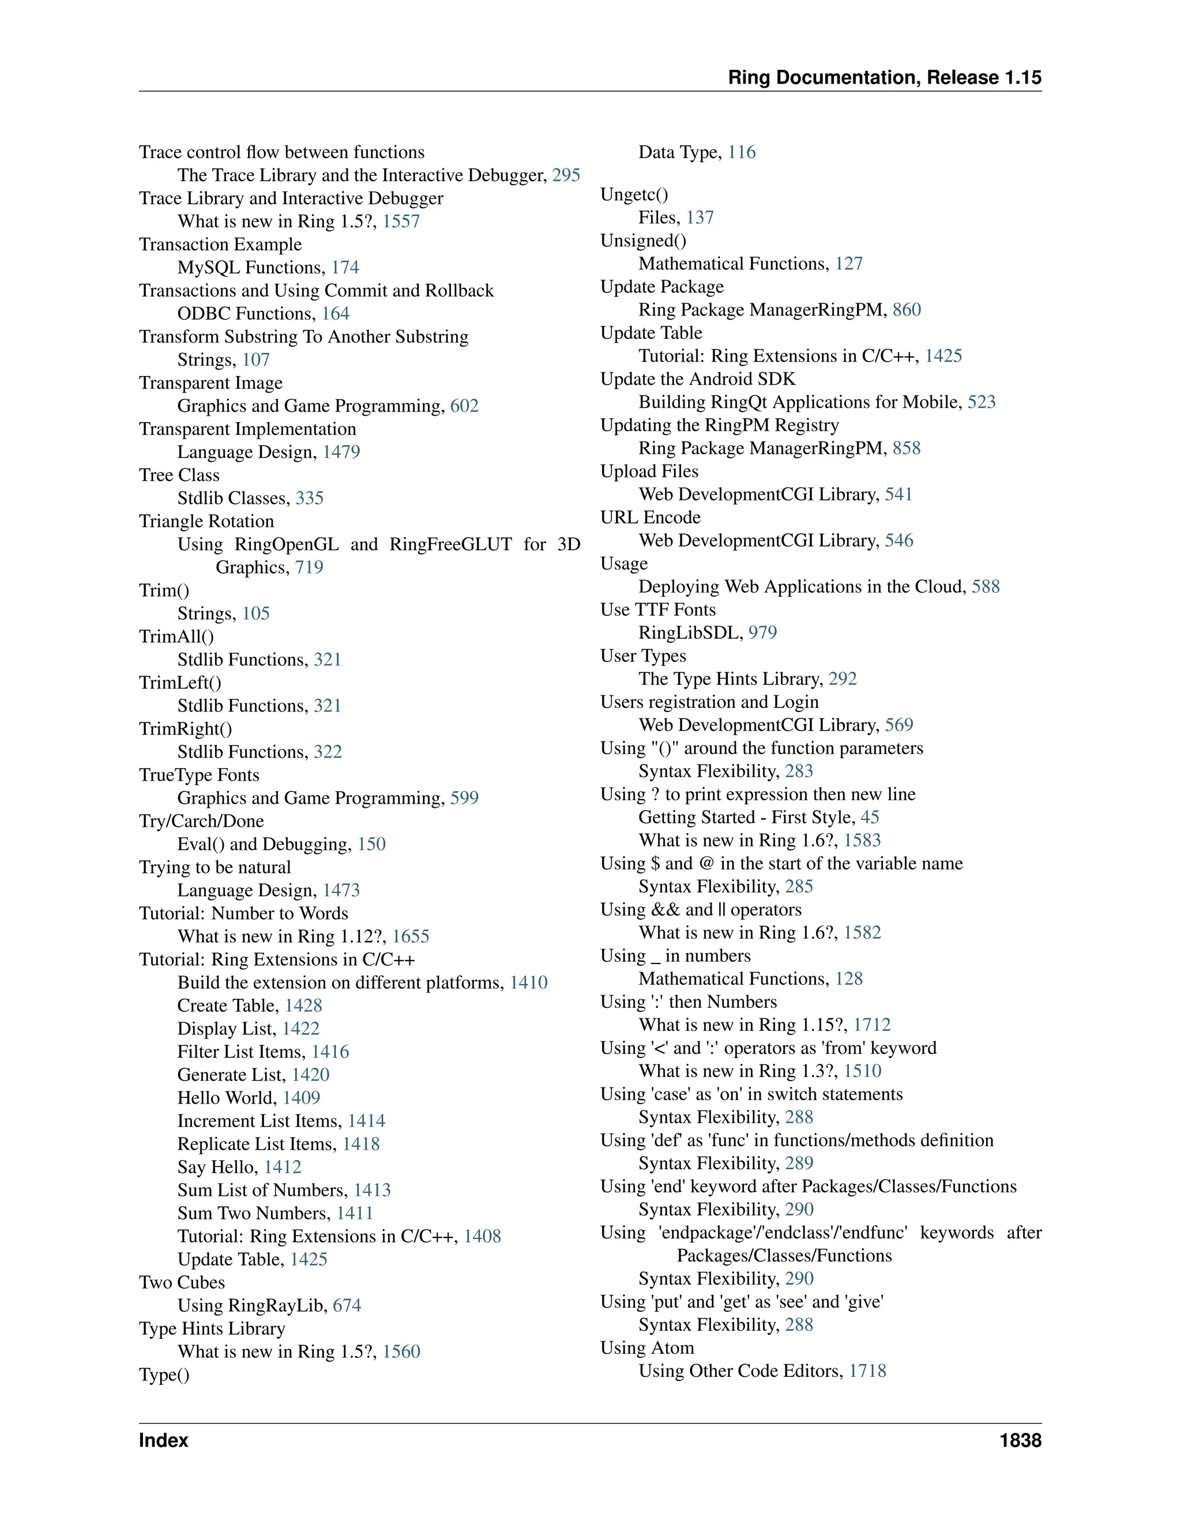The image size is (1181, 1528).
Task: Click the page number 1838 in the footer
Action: (x=1020, y=1440)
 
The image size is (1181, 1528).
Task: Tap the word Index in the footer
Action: (x=164, y=1440)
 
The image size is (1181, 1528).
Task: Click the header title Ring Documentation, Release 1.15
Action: (x=885, y=78)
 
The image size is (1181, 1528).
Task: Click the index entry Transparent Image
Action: (x=210, y=383)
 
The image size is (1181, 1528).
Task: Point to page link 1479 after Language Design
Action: (x=341, y=452)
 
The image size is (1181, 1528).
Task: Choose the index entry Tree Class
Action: (x=179, y=475)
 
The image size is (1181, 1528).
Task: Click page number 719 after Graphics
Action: (x=309, y=567)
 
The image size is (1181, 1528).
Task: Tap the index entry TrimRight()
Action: (x=186, y=729)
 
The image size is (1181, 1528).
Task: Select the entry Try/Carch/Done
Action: (x=201, y=821)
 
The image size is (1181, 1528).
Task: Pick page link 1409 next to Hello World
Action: (x=302, y=1098)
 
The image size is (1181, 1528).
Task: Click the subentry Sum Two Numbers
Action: (x=254, y=1213)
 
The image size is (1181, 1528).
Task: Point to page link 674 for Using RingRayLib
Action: (x=347, y=1305)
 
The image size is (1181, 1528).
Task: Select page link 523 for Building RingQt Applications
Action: (x=981, y=402)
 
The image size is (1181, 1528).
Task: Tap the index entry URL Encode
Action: (x=650, y=518)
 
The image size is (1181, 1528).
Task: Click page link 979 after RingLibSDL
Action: (x=762, y=633)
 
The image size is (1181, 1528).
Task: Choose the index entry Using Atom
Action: (x=647, y=1348)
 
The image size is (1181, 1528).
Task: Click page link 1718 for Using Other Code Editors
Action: (x=867, y=1371)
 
